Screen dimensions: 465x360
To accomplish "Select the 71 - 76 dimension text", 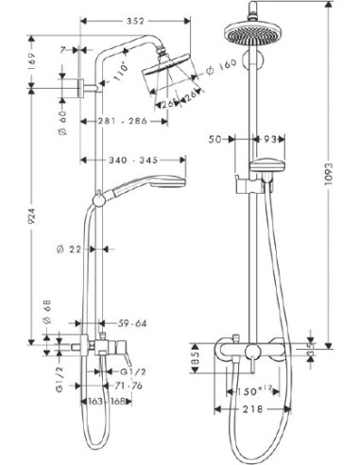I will (128, 387).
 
